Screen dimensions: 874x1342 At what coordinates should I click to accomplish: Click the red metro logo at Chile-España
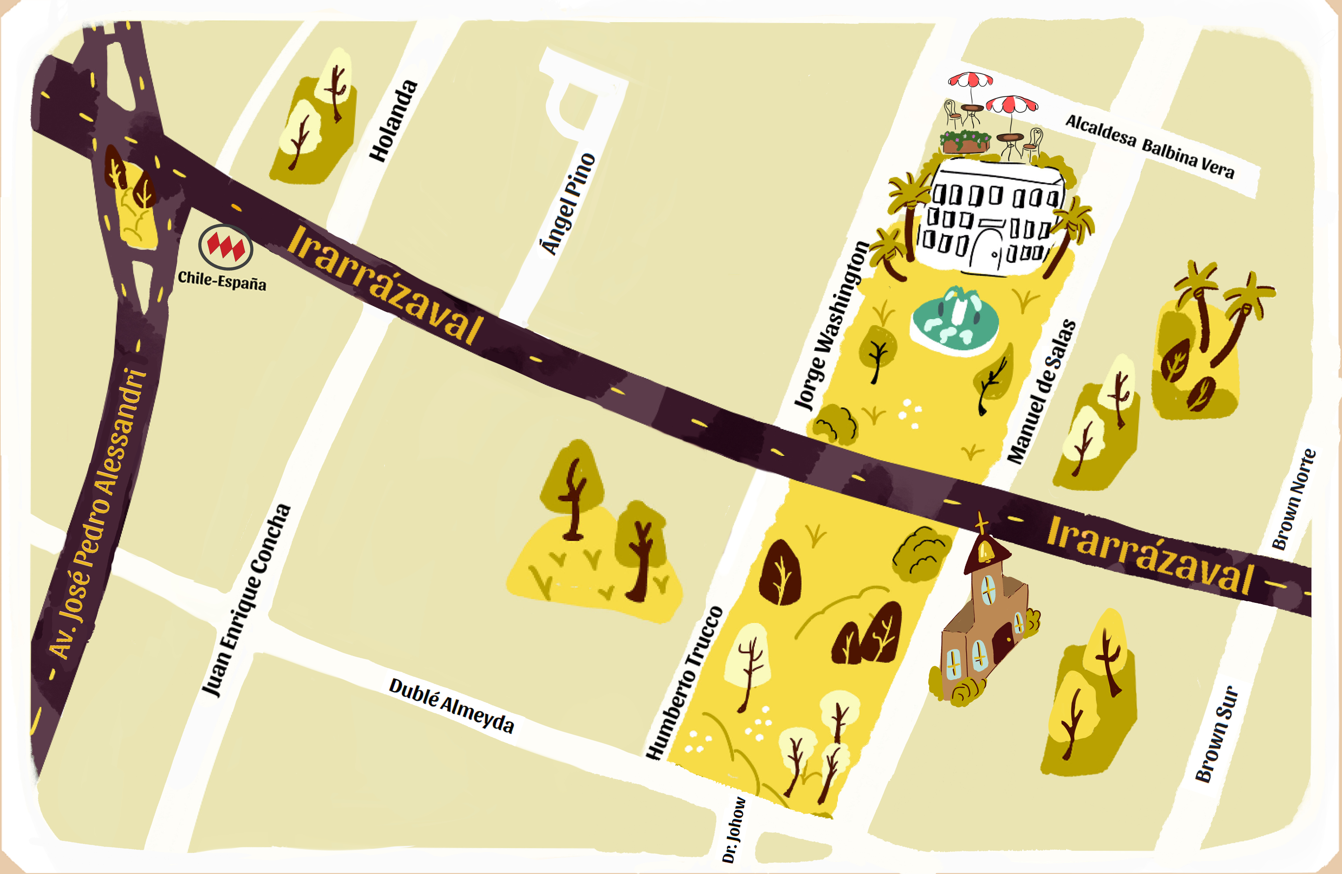(x=225, y=246)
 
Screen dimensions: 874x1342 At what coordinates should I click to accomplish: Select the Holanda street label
(x=394, y=121)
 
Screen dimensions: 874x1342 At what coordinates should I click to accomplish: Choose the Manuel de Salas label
(x=1042, y=392)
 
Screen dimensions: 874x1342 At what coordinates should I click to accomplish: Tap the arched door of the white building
(x=984, y=248)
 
